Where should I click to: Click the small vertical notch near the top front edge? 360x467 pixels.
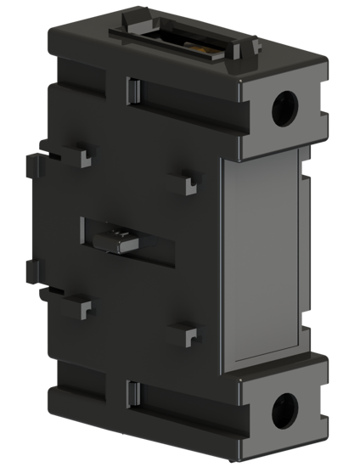point(132,88)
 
